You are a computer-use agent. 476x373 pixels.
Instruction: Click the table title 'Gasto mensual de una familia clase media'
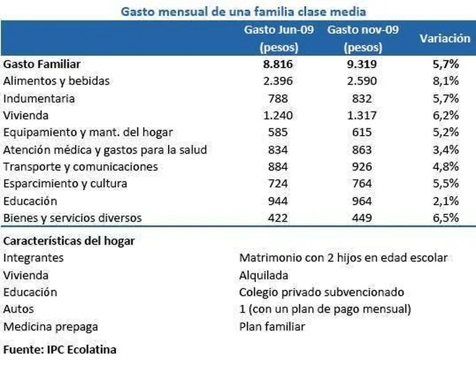[243, 12]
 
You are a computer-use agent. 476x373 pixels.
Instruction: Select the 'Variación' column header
[444, 38]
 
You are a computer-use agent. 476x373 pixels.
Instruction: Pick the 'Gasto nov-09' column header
[363, 30]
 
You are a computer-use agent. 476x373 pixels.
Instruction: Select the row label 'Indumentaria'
[39, 99]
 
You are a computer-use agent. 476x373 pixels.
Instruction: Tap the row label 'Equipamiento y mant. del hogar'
[88, 133]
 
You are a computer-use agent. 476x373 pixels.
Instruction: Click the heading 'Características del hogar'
[69, 240]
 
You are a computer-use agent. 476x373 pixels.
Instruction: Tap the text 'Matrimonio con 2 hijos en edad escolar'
[343, 257]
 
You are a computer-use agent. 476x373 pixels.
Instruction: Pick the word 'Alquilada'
[264, 274]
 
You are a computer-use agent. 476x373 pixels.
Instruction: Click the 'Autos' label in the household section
[19, 309]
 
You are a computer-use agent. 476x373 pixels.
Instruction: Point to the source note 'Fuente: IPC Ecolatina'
[59, 349]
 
